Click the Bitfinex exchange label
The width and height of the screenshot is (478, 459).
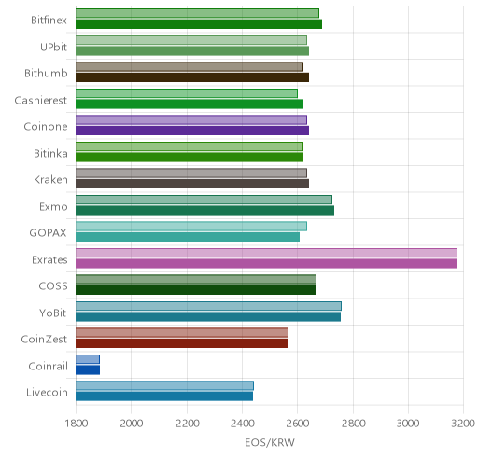tap(49, 21)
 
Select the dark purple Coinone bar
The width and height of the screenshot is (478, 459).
tap(192, 131)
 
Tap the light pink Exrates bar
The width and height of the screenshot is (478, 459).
tap(266, 253)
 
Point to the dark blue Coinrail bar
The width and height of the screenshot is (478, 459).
tap(88, 370)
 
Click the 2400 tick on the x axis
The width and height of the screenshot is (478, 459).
tap(242, 424)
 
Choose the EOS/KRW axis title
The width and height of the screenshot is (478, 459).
tap(270, 442)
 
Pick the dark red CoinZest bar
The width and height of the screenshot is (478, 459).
tap(181, 343)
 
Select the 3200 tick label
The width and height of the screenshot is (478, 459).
tap(463, 424)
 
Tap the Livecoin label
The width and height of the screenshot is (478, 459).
tap(47, 393)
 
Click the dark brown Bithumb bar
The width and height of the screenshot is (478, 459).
tap(192, 77)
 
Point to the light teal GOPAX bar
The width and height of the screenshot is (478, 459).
tap(191, 226)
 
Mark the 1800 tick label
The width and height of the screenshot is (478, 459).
tap(76, 424)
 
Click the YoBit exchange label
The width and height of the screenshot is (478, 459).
tap(53, 313)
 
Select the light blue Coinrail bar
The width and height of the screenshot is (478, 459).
tap(88, 359)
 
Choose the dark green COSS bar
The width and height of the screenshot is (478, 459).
tap(195, 290)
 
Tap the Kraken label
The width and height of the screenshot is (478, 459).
tap(50, 180)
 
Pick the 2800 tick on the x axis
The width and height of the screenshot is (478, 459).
tap(353, 424)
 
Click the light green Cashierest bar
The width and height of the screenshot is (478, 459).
tap(187, 93)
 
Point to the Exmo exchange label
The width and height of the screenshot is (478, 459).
tap(53, 206)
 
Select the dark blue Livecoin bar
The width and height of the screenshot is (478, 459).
tap(164, 396)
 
